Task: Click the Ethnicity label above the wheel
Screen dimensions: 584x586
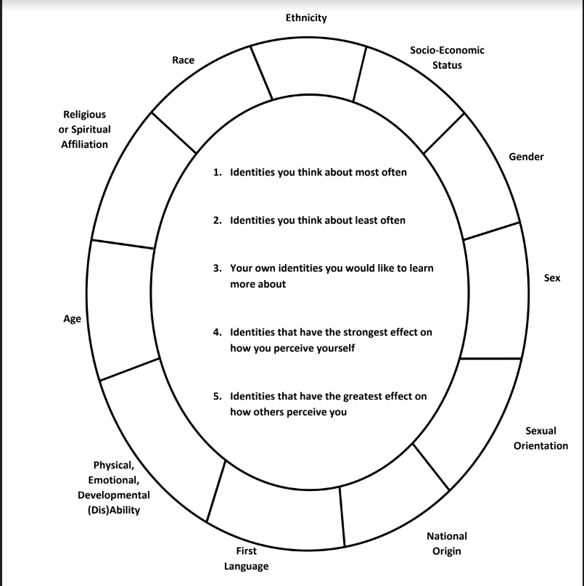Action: pos(306,18)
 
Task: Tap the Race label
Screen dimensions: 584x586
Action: pos(184,59)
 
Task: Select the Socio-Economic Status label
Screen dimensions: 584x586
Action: pos(447,57)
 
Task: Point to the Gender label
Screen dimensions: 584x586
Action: pos(526,157)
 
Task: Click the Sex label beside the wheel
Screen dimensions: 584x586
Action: pos(552,278)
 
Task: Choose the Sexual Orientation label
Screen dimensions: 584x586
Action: pos(540,438)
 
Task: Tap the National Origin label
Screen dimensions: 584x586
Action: pos(447,544)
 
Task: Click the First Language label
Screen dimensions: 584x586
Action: pos(247,558)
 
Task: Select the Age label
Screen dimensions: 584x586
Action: pos(72,319)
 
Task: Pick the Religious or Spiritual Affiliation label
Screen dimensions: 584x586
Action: pos(84,129)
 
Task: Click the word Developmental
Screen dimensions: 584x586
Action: pos(114,495)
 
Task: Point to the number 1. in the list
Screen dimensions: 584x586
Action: pos(217,173)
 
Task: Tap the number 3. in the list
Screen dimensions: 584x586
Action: pos(217,268)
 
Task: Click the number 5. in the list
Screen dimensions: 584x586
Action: pos(217,396)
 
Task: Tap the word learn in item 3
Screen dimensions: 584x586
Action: pos(421,268)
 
